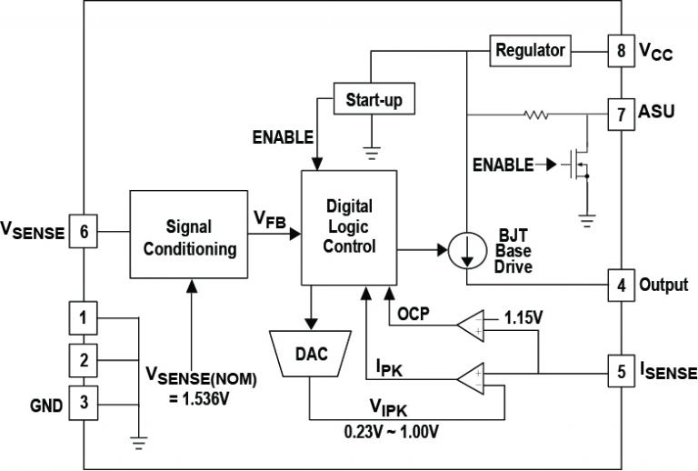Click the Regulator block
530,51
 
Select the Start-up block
374,98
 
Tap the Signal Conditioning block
189,235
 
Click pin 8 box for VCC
622,51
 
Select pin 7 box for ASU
622,115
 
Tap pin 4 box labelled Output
622,285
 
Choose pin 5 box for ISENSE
622,372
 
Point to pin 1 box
84,318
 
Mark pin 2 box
84,361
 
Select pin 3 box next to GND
84,404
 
